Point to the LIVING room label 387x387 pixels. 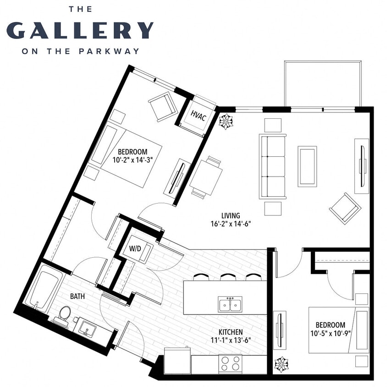230,216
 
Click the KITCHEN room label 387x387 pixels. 231,332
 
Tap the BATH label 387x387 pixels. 77,297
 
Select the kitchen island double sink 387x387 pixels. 230,304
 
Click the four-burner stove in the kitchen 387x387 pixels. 230,363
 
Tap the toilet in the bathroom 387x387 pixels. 63,315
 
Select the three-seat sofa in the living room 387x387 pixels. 272,166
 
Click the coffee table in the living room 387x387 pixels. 307,166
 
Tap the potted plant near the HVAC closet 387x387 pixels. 226,122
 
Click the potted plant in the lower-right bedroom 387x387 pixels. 280,365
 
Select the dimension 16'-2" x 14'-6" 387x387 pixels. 230,224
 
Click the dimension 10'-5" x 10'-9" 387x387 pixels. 327,333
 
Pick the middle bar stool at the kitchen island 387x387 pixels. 227,277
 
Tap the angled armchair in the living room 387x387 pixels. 345,208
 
